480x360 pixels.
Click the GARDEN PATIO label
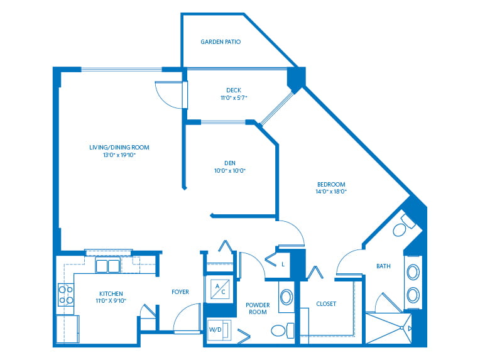click(221, 41)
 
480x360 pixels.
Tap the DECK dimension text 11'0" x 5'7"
click(234, 98)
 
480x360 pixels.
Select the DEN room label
click(230, 163)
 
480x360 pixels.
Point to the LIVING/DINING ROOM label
click(119, 147)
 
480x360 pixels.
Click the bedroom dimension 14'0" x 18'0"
click(331, 192)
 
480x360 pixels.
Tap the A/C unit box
click(220, 289)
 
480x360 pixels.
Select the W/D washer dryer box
click(219, 330)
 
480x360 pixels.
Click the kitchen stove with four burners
click(66, 295)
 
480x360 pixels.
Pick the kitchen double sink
click(107, 266)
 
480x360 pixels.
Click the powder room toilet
click(283, 330)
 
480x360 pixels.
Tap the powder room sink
click(286, 297)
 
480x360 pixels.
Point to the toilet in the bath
click(403, 226)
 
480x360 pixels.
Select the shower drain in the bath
click(401, 328)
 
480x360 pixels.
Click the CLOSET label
click(326, 304)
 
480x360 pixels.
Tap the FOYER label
click(180, 292)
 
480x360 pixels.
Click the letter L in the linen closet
click(283, 264)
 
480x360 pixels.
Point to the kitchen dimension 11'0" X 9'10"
click(111, 301)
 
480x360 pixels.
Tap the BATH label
click(383, 266)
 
